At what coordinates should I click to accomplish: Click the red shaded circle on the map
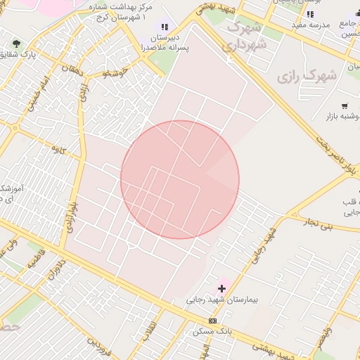(x=180, y=179)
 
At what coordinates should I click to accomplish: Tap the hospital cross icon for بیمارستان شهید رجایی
(x=222, y=288)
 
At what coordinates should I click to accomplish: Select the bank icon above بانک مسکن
(x=213, y=321)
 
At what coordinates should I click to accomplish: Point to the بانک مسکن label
(x=213, y=330)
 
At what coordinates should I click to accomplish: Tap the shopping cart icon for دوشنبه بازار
(x=345, y=105)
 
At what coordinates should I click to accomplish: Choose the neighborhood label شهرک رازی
(x=307, y=75)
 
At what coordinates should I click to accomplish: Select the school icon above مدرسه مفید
(x=310, y=14)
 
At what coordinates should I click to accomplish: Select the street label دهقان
(x=72, y=70)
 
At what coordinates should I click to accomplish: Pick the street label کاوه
(x=57, y=149)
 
